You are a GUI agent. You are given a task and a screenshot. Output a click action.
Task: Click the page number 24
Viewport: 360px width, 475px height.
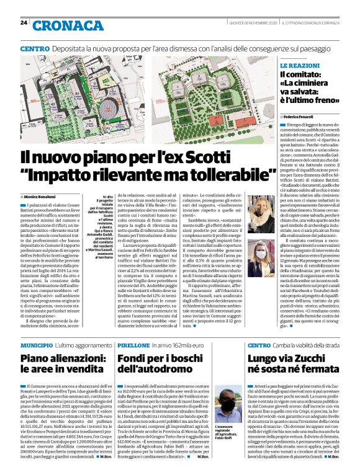[24, 23]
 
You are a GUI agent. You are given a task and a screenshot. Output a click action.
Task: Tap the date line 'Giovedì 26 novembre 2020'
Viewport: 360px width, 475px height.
[245, 23]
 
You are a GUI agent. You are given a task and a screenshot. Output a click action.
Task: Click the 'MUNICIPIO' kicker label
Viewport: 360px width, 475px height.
[36, 344]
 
